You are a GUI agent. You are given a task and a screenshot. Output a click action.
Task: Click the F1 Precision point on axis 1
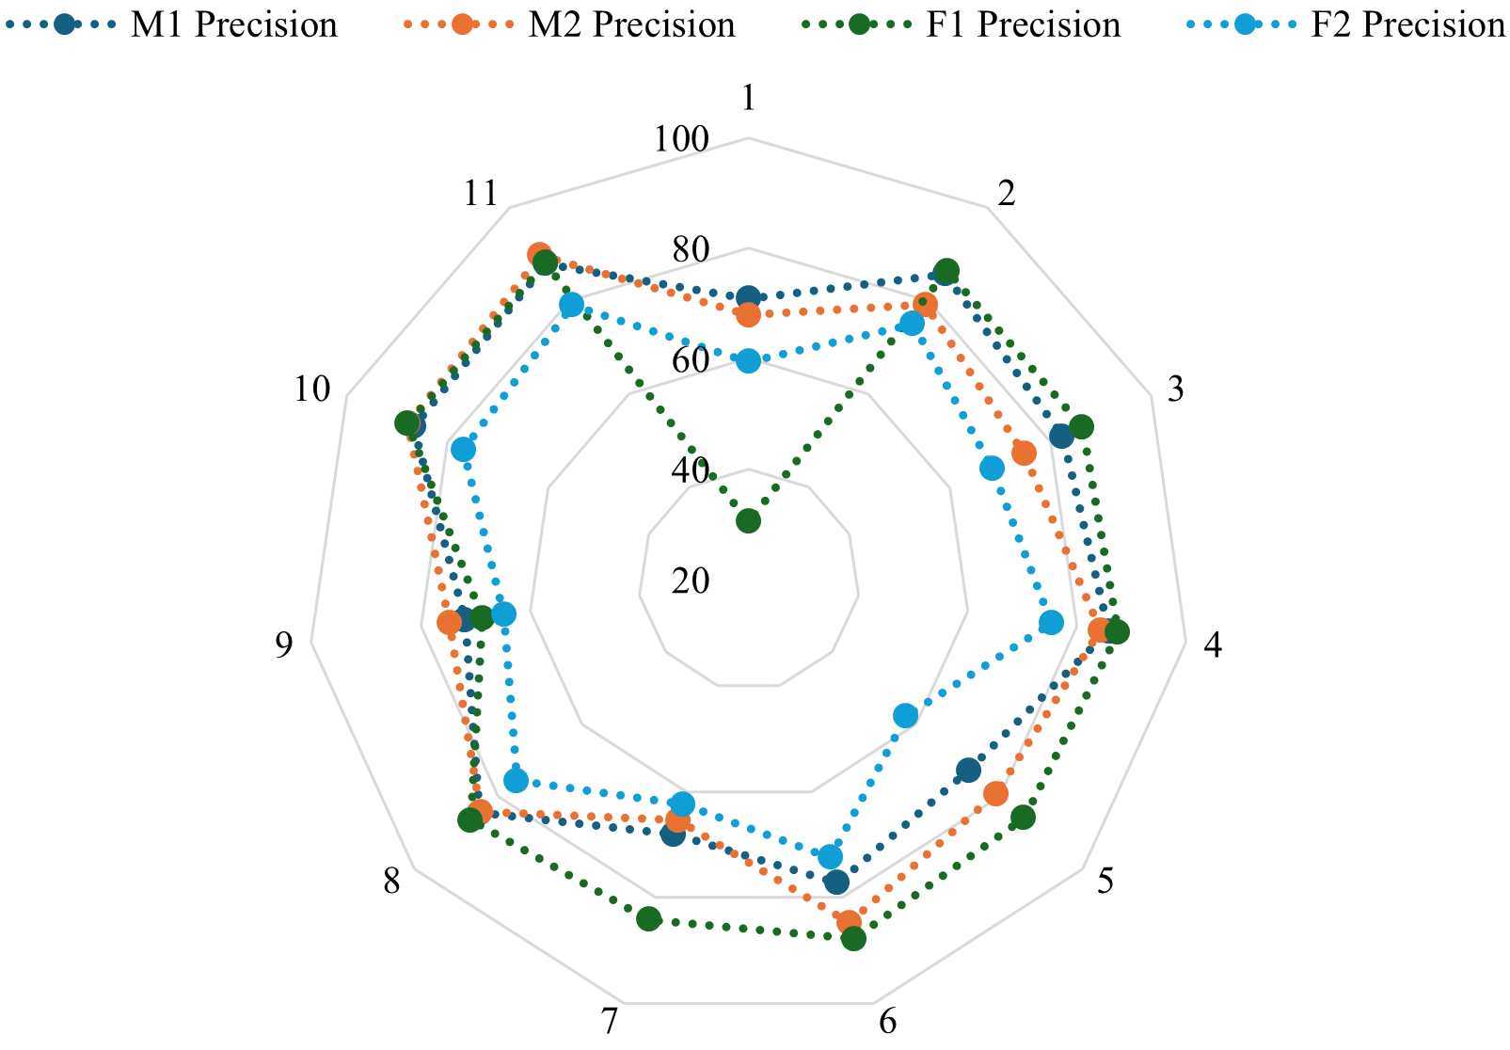point(748,520)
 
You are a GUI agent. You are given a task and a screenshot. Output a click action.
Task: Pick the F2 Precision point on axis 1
point(748,360)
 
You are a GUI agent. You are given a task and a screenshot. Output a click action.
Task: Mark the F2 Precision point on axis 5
point(905,716)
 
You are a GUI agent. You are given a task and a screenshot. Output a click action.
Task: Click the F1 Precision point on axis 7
point(648,919)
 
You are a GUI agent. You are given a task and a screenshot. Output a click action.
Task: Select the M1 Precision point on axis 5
point(968,771)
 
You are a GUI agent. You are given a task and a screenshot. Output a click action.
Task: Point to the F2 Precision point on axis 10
point(463,450)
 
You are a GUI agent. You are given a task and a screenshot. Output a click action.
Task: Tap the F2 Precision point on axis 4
point(1051,623)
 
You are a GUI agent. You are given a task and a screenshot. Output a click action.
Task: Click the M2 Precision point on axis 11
point(539,255)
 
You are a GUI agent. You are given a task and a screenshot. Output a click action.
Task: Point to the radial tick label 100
point(682,139)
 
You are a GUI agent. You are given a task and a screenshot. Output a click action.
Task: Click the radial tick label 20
point(691,581)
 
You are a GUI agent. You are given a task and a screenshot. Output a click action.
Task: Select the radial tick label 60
point(691,360)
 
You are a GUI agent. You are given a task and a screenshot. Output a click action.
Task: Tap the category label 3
point(1175,389)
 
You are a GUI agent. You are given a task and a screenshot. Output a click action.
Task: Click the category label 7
point(610,1021)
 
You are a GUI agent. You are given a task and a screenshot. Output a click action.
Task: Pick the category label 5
point(1105,882)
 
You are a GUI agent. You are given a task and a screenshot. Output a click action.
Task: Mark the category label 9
point(283,645)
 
